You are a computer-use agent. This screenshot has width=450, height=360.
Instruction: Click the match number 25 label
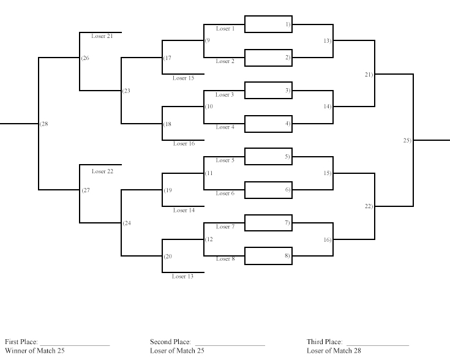(x=407, y=140)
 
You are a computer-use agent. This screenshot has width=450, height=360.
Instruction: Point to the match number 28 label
(x=44, y=124)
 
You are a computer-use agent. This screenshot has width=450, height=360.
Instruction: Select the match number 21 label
(x=369, y=75)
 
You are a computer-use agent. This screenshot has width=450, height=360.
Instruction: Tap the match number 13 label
(x=328, y=41)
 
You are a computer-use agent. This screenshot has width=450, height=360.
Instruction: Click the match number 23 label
(x=126, y=91)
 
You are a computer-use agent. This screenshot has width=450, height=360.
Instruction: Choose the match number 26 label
(x=85, y=58)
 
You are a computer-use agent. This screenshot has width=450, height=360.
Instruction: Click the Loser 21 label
(x=102, y=36)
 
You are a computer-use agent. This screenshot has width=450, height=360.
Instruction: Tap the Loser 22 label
(x=102, y=171)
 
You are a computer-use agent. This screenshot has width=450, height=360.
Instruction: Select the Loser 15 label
(x=184, y=78)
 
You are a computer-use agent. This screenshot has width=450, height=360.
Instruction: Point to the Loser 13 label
(x=183, y=277)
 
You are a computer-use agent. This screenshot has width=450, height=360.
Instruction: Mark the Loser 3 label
(x=225, y=95)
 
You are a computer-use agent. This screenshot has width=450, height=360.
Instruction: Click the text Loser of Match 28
(x=334, y=351)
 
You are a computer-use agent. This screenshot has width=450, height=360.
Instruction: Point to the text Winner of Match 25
(x=35, y=351)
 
